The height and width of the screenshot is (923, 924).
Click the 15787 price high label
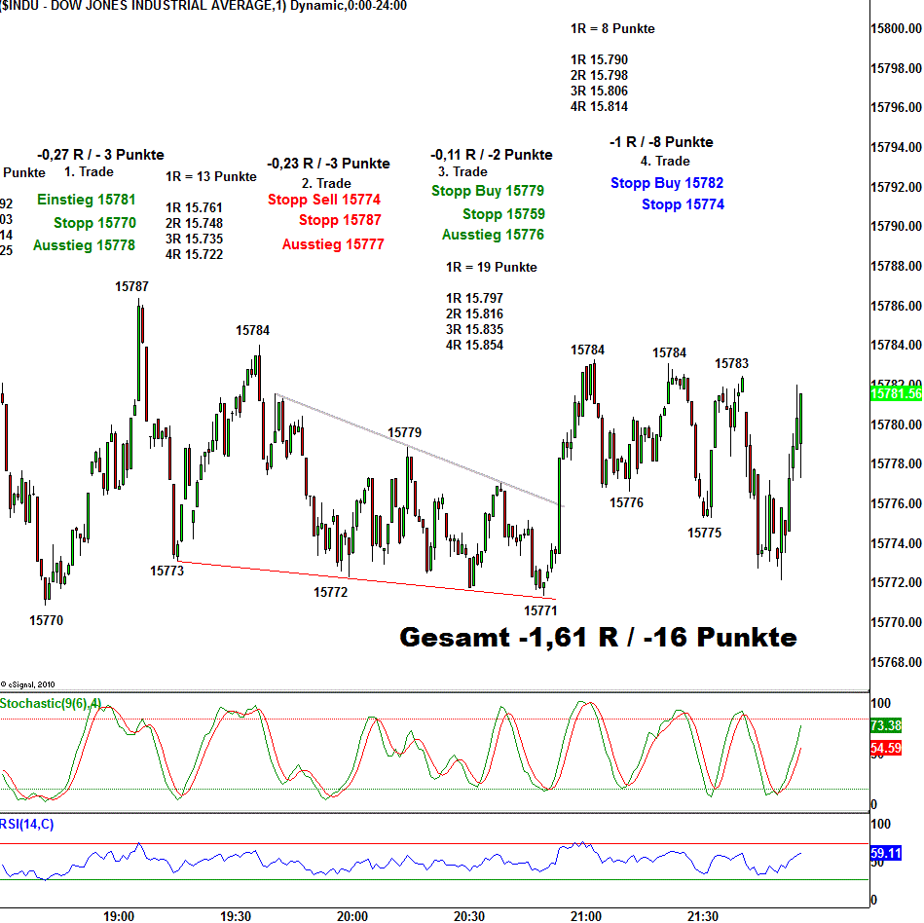coord(131,286)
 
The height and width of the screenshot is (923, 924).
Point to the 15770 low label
coord(46,620)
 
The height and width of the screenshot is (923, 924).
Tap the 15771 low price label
coord(540,610)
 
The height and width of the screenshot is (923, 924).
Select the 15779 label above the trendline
coord(404,432)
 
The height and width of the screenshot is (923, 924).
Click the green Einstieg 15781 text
coord(87,200)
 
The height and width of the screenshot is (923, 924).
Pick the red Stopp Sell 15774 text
coord(324,200)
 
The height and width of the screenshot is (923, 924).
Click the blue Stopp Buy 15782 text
coord(667,183)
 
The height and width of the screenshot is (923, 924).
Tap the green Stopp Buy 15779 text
coord(488,191)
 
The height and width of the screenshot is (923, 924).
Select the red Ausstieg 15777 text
coord(333,244)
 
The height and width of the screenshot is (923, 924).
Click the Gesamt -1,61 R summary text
coord(598,638)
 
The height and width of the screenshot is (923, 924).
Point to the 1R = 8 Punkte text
coord(612,29)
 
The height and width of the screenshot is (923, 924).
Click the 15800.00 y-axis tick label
coord(896,28)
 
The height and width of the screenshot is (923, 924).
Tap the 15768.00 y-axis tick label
coord(896,662)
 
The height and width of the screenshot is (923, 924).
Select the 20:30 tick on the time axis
coord(469,916)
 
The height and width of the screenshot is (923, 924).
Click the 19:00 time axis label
coord(119,916)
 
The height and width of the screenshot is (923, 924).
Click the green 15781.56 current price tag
coord(896,394)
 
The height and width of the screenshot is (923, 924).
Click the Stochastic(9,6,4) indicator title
coord(50,703)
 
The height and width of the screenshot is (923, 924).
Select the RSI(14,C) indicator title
coord(27,825)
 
